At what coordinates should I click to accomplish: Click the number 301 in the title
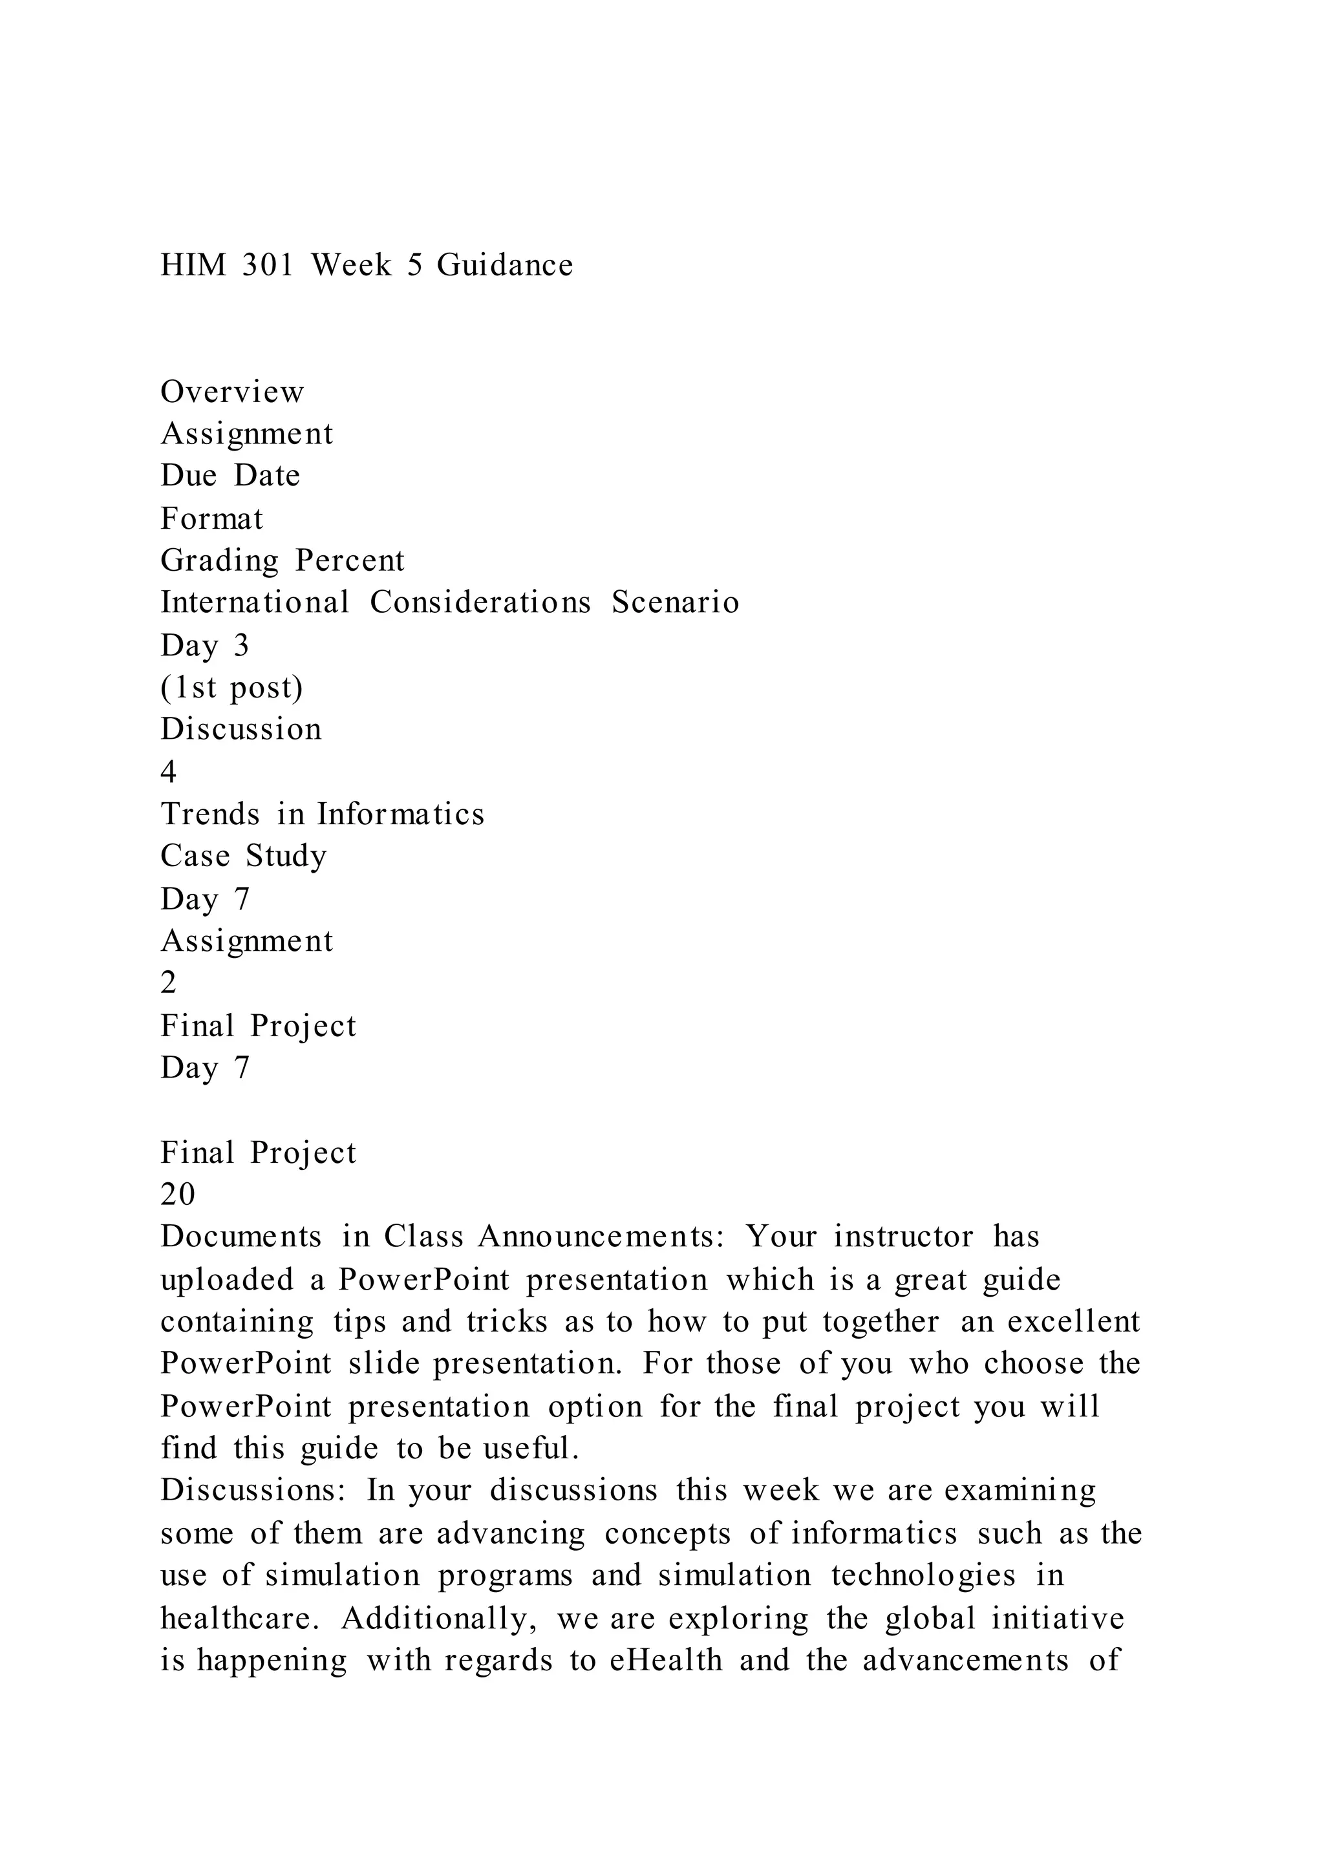coord(268,265)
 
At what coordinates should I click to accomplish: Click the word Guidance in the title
coord(505,265)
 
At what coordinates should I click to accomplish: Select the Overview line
coord(232,392)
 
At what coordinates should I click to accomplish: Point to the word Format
coord(212,518)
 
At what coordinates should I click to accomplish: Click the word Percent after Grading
coord(350,561)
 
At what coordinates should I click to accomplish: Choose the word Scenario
coord(676,602)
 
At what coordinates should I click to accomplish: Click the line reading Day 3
coord(206,646)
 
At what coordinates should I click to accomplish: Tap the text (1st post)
coord(232,687)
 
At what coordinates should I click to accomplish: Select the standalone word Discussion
coord(241,730)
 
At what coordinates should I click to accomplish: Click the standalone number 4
coord(169,772)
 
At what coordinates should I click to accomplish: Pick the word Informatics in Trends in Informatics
coord(401,814)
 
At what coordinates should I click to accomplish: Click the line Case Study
coord(244,856)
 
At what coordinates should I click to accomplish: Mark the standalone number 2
coord(169,983)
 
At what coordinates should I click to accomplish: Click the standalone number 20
coord(178,1195)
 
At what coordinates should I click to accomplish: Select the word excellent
coord(1074,1322)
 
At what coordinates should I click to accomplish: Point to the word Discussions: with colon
coord(253,1491)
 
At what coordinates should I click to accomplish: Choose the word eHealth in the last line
coord(666,1660)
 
